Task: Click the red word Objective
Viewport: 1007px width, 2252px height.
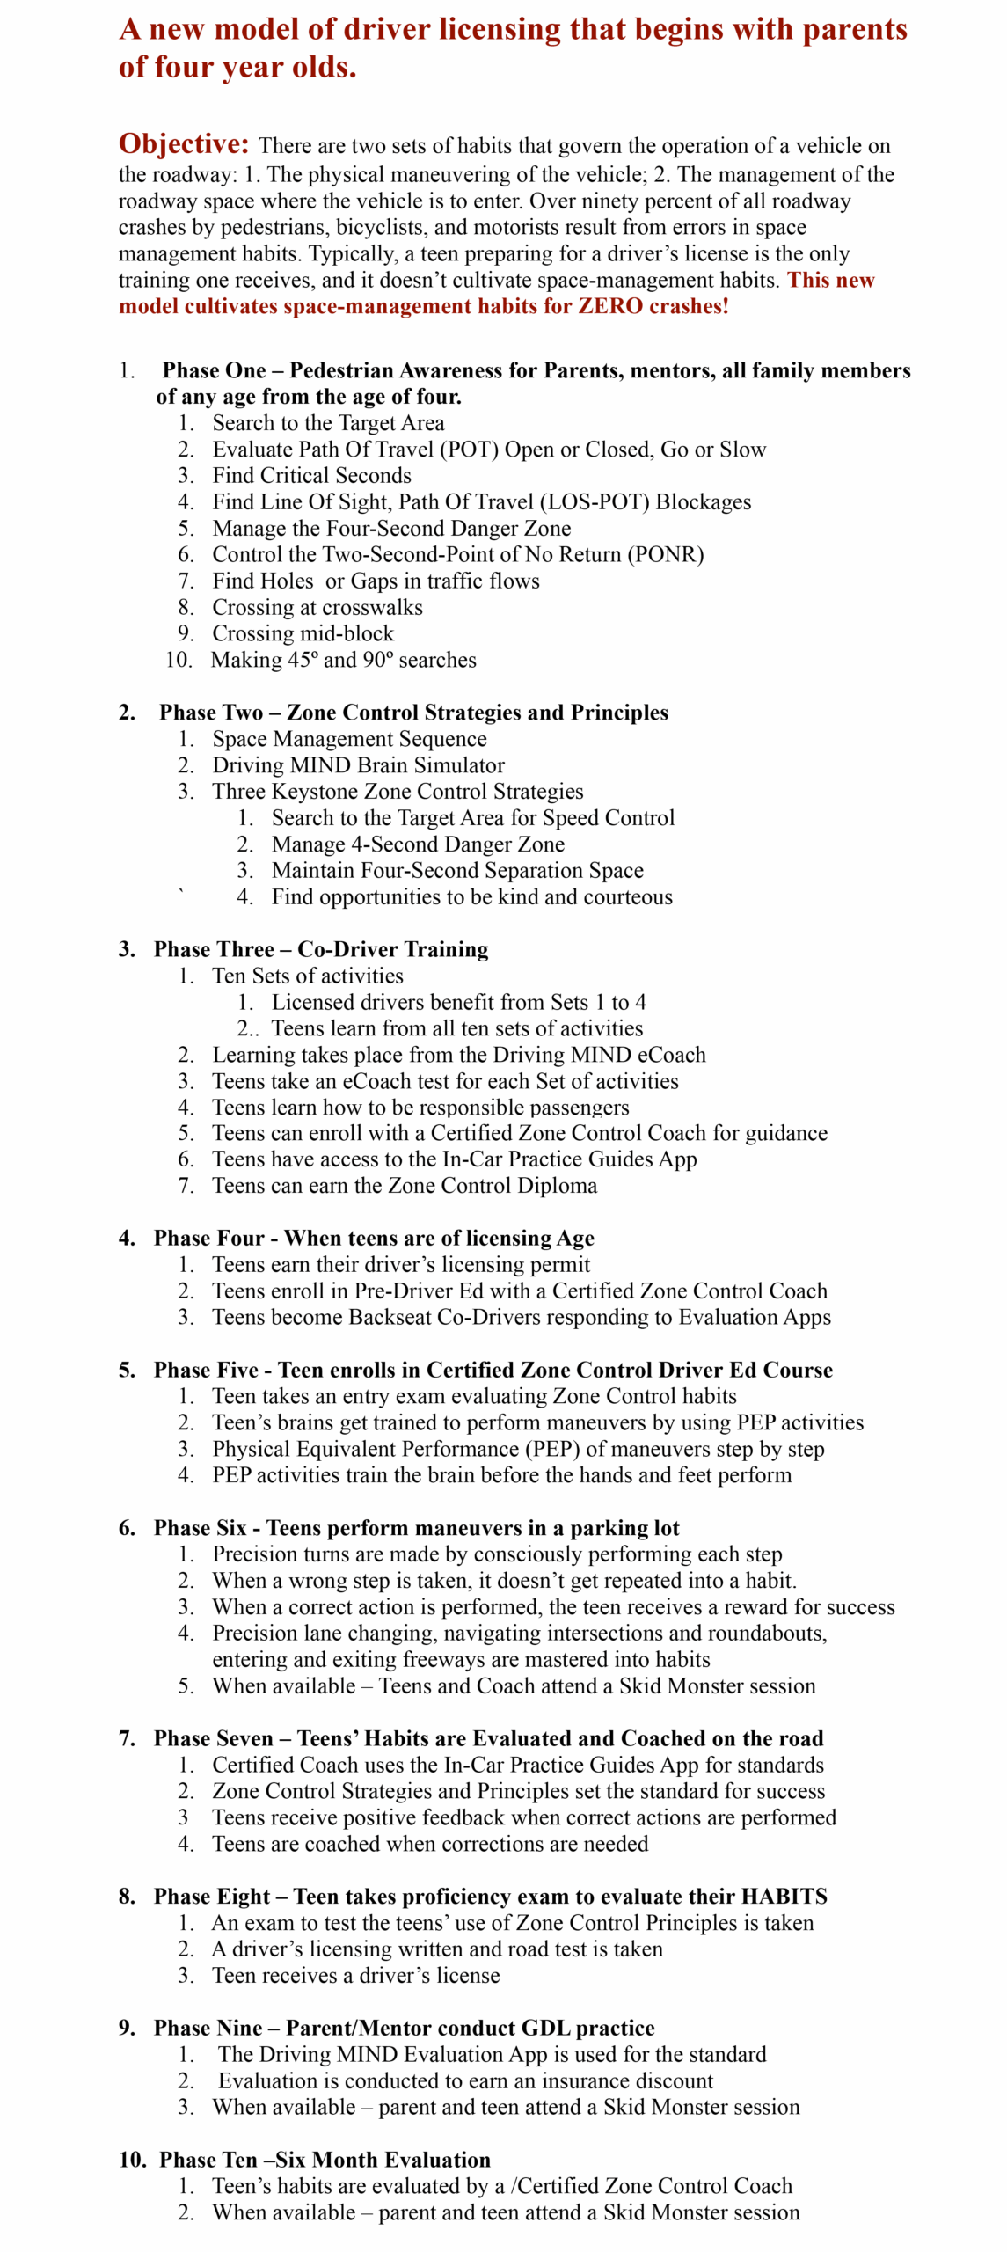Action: [x=184, y=144]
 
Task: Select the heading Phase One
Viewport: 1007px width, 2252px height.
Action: [x=214, y=370]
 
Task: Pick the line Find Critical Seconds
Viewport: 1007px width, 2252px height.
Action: [x=311, y=476]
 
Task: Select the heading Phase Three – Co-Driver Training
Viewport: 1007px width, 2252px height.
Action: [x=321, y=949]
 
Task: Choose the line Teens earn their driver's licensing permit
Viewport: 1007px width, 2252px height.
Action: [x=401, y=1265]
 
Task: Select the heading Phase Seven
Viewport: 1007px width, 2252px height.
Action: [x=214, y=1738]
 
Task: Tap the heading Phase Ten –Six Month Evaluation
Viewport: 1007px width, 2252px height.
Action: [x=325, y=2160]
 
